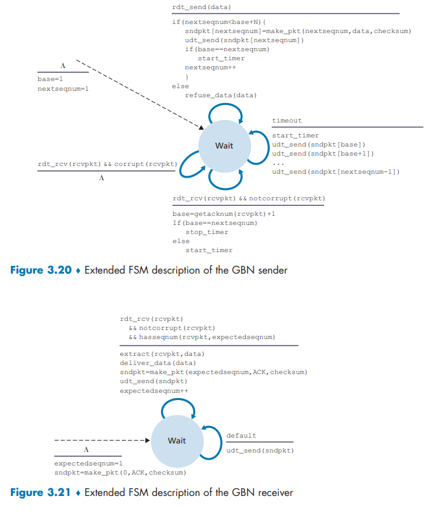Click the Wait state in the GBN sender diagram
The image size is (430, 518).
point(224,146)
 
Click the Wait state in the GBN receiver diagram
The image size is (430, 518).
point(176,441)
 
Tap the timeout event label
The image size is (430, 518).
point(287,121)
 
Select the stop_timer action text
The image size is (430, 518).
point(207,231)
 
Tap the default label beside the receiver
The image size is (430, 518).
point(241,436)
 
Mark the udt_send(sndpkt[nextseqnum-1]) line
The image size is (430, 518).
point(335,172)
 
